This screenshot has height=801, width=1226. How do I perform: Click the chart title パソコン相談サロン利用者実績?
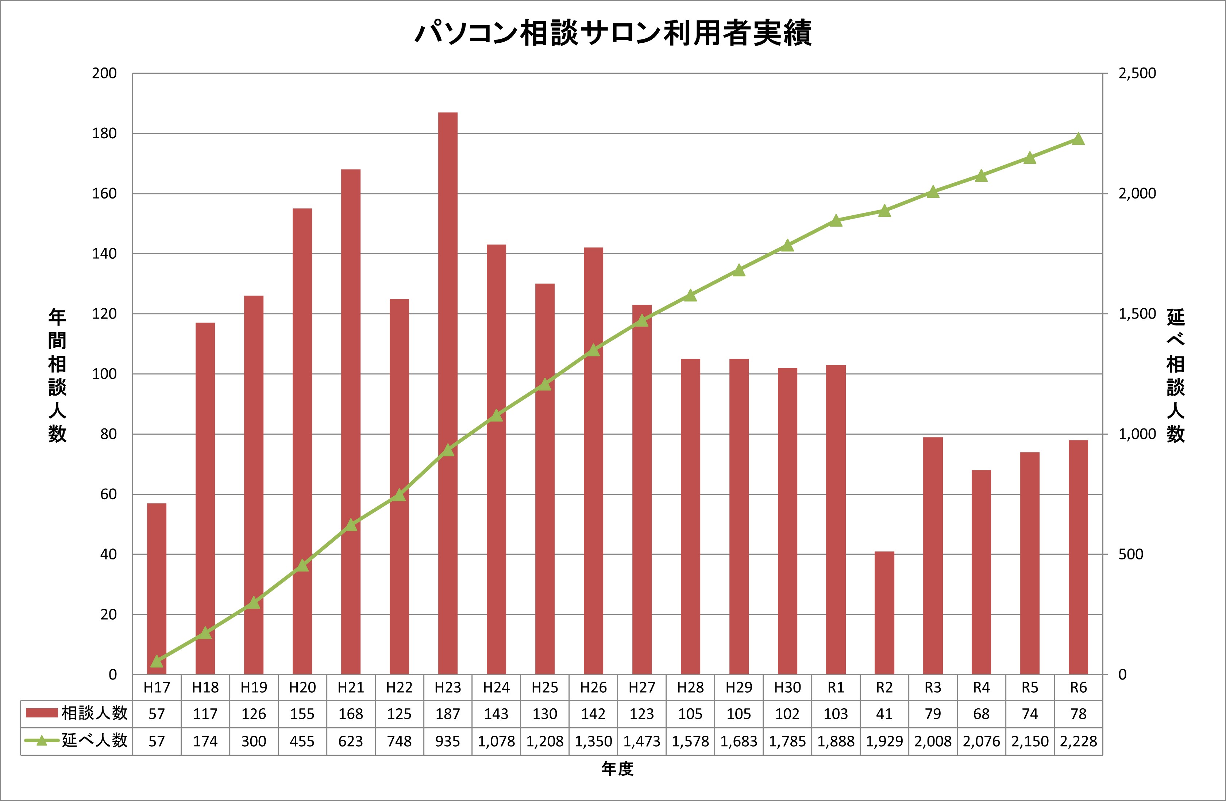613,34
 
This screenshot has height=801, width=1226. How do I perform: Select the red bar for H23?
448,392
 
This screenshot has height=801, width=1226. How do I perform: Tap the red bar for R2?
884,613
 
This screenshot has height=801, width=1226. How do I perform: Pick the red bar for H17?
157,587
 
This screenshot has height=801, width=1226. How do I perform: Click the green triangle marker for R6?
1078,139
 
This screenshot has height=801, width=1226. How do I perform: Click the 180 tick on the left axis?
105,134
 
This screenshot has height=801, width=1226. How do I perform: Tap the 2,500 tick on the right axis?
1137,73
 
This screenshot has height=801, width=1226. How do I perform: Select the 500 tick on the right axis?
1131,554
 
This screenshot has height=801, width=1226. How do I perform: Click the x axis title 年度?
617,769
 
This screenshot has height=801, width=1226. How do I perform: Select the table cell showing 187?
448,714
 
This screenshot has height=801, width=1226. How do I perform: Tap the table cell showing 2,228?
1078,741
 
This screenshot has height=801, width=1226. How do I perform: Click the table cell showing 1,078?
496,741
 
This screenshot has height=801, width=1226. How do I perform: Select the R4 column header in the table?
981,688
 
